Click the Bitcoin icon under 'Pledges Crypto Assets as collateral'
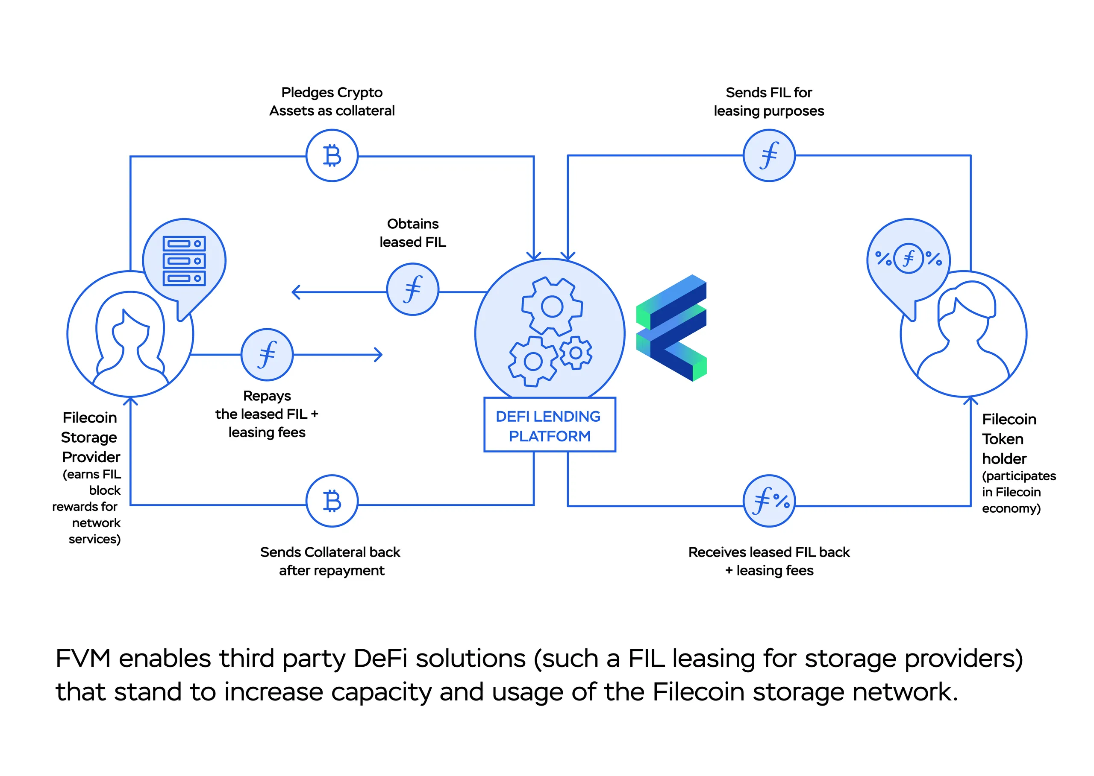click(x=332, y=156)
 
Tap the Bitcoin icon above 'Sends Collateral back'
click(x=332, y=501)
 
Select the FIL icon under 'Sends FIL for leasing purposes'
click(x=769, y=156)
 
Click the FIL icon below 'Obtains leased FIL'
click(x=412, y=289)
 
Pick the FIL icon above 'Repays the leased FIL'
click(x=267, y=355)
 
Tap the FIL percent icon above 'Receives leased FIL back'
click(x=769, y=501)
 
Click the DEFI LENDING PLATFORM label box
click(x=549, y=425)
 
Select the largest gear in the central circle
click(x=552, y=306)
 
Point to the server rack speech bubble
click(x=184, y=261)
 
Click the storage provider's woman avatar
click(x=129, y=339)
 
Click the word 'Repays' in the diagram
click(x=267, y=396)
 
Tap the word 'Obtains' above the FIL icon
click(x=412, y=224)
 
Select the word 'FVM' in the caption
click(x=83, y=659)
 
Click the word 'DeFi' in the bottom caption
click(x=380, y=659)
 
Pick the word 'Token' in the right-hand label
click(x=1002, y=439)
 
